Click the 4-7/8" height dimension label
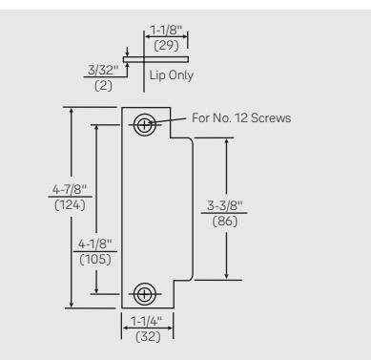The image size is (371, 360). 70,189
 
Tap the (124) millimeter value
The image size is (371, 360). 70,205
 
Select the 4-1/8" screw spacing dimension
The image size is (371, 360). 95,244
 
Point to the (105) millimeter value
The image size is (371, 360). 95,260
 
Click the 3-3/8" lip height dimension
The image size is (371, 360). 224,205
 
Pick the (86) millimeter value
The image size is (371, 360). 225,221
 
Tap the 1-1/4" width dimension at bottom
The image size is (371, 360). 147,321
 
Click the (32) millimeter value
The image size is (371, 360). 148,336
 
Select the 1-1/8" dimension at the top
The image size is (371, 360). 166,30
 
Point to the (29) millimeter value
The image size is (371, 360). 166,45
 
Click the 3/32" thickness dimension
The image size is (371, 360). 103,70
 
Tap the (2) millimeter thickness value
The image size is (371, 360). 103,86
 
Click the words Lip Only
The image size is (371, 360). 172,75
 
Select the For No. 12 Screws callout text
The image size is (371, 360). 241,117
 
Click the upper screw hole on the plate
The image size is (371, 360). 145,125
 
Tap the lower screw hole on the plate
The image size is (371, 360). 145,294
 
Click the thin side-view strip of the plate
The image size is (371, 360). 155,59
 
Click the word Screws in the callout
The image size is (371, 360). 271,117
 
